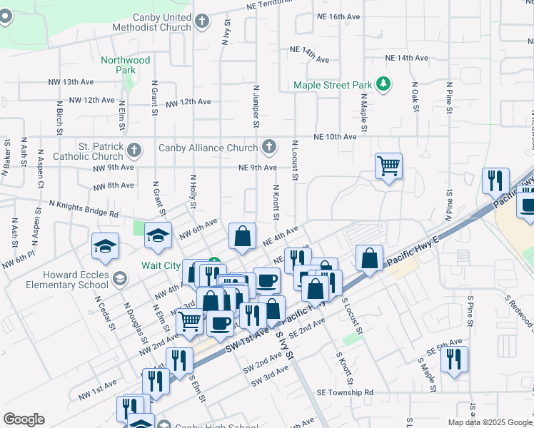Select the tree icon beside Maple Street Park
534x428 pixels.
(384, 85)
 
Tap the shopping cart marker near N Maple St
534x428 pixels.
(388, 166)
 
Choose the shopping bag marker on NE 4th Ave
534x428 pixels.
(243, 235)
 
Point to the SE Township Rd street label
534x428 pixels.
(345, 392)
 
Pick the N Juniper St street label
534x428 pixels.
(255, 106)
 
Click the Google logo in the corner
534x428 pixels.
(24, 419)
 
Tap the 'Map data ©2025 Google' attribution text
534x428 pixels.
(489, 422)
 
